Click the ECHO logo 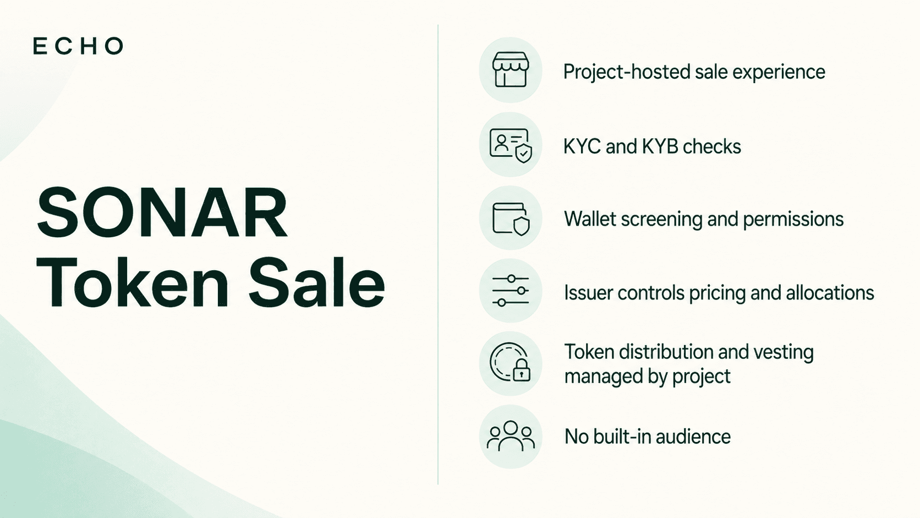pos(78,46)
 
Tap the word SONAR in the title pos(162,213)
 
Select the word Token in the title pos(132,282)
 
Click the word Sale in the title pos(316,282)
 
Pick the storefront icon pos(511,69)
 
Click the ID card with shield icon pos(511,145)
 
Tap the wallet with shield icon pos(511,219)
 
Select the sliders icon pos(511,291)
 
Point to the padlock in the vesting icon pos(521,371)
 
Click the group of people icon pos(511,436)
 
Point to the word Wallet pos(590,219)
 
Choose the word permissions pos(793,220)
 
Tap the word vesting pos(787,353)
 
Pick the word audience pos(693,437)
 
